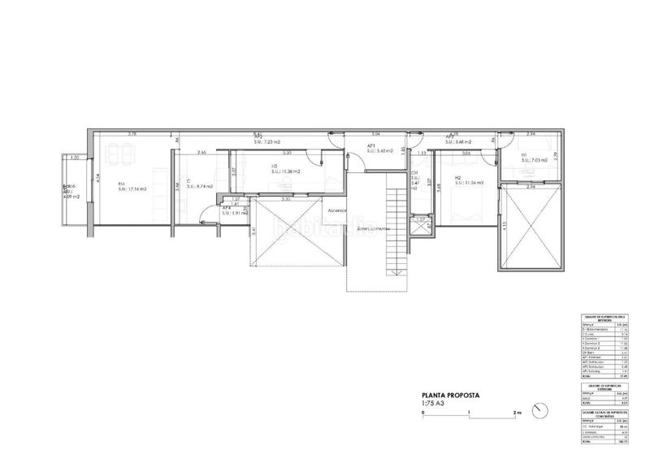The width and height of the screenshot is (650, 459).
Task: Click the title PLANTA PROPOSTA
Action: point(448,395)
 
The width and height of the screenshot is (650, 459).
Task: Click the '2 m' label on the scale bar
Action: point(517,413)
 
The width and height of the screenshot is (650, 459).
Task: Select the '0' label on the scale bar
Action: point(423,413)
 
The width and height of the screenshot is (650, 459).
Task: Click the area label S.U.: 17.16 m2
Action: point(132,189)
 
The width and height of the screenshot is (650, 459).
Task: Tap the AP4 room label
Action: point(227,207)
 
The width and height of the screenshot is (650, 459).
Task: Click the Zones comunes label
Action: point(370,228)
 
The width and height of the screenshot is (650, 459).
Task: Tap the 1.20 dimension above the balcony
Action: point(74,158)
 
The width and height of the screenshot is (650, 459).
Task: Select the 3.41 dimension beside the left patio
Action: point(253,232)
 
